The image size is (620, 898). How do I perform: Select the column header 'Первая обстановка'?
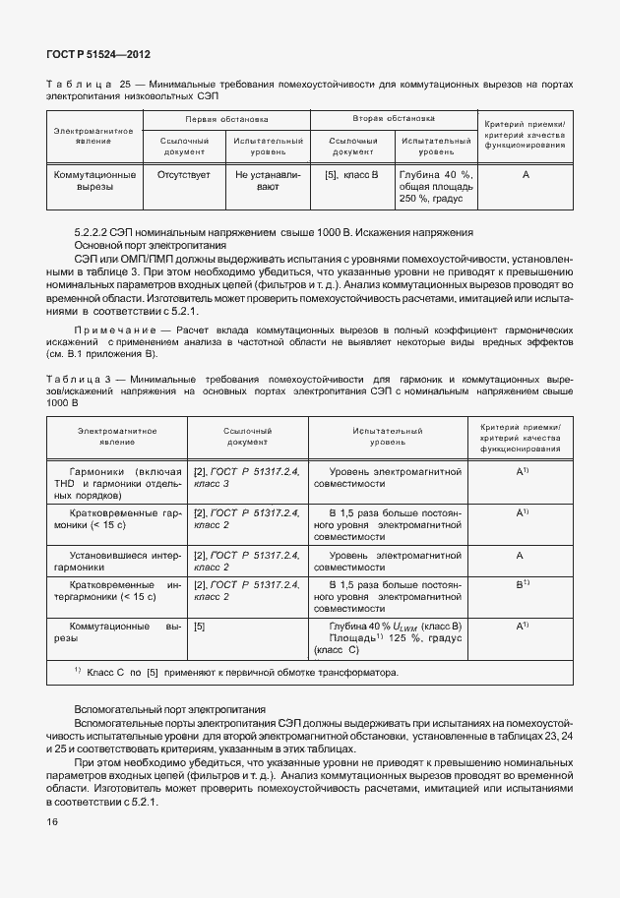pyautogui.click(x=226, y=118)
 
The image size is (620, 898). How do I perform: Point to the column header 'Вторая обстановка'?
pyautogui.click(x=394, y=118)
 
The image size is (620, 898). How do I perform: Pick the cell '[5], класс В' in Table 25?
pyautogui.click(x=351, y=174)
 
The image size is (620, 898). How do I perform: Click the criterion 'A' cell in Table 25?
pyautogui.click(x=526, y=174)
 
